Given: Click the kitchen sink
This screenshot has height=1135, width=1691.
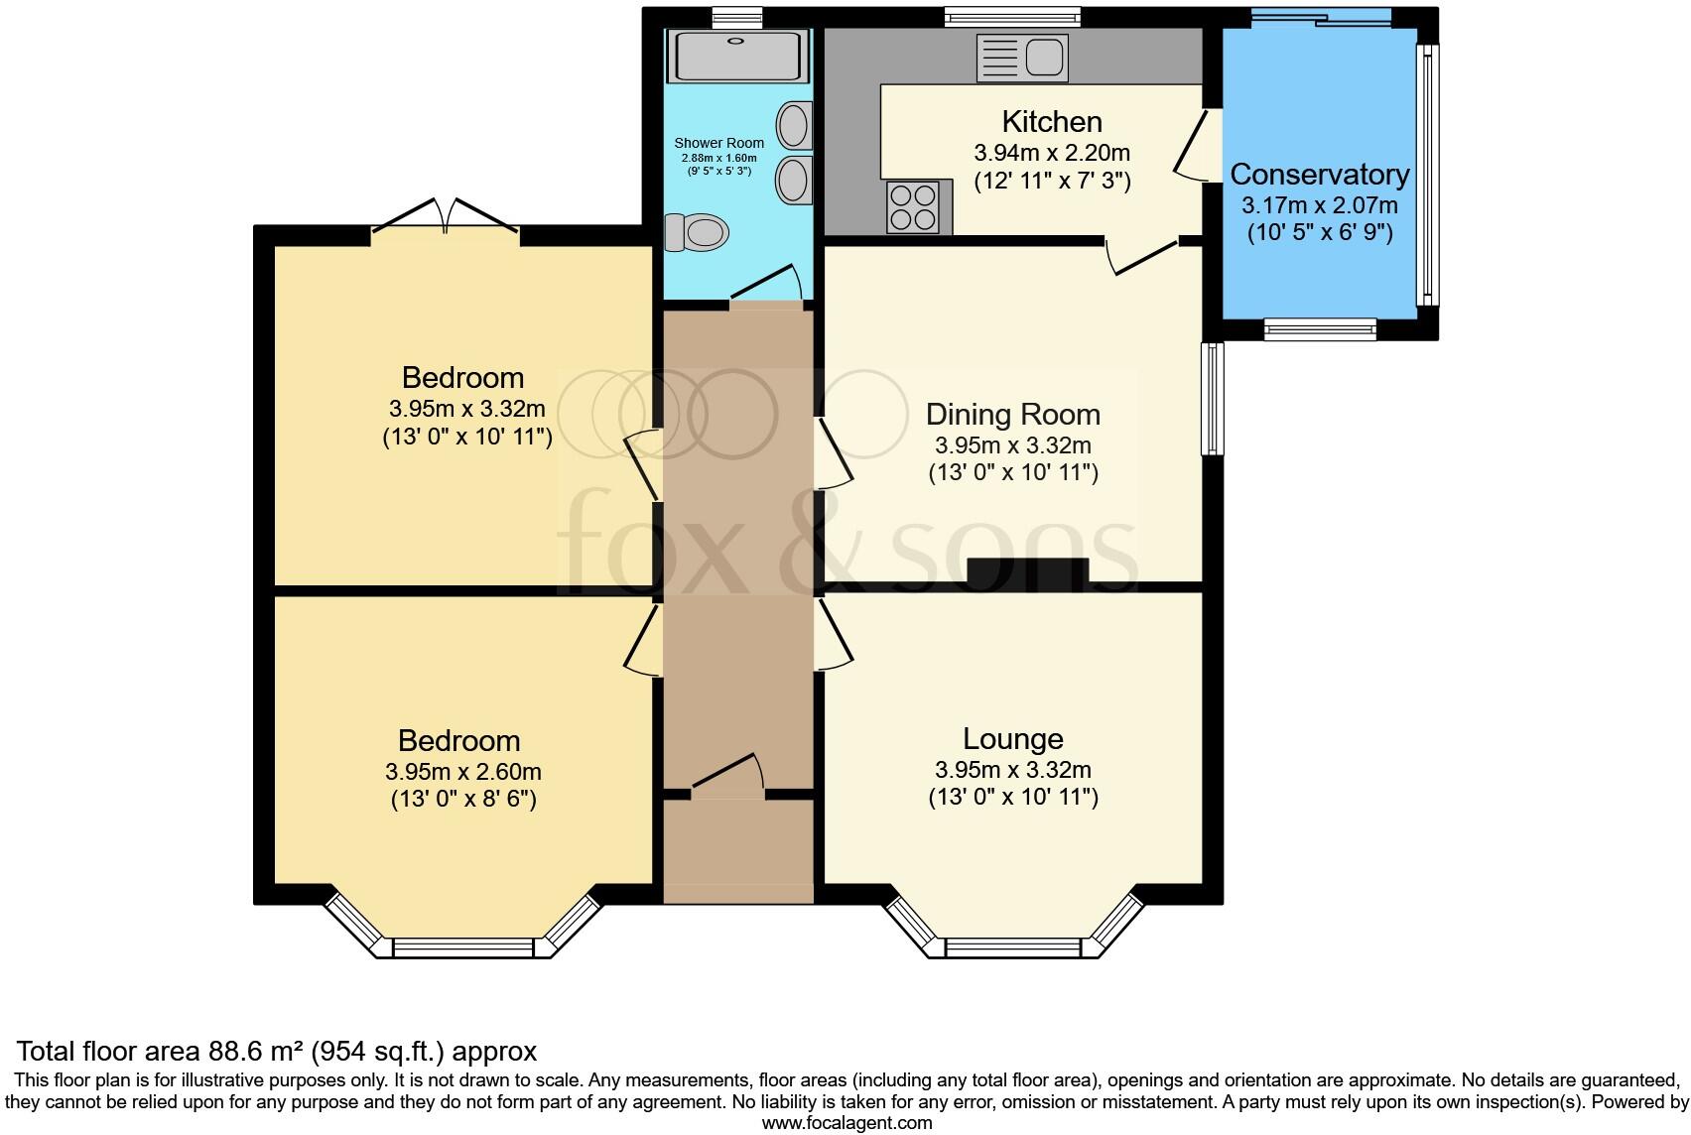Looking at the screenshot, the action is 1022,58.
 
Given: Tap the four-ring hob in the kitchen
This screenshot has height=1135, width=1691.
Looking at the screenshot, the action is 913,206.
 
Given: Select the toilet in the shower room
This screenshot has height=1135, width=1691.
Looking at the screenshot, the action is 696,232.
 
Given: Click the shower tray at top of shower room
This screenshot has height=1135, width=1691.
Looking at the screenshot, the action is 736,56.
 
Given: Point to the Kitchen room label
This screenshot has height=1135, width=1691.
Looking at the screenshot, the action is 1052,121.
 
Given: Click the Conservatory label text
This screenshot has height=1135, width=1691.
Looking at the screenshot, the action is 1320,175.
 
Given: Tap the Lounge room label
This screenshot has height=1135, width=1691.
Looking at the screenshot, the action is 1013,739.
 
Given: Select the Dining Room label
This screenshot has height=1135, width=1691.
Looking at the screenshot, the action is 1013,415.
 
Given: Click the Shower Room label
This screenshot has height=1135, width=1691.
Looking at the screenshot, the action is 718,143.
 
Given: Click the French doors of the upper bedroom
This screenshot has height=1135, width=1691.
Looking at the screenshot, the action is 446,214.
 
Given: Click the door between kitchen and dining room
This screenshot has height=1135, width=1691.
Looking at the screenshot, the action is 1142,257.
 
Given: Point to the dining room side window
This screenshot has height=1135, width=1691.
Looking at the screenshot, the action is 1213,399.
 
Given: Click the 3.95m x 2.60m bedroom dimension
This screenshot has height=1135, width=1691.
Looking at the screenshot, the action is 463,772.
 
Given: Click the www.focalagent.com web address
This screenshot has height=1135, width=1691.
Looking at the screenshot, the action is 847,1123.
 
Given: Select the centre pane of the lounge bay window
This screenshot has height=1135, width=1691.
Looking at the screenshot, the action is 1013,947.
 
